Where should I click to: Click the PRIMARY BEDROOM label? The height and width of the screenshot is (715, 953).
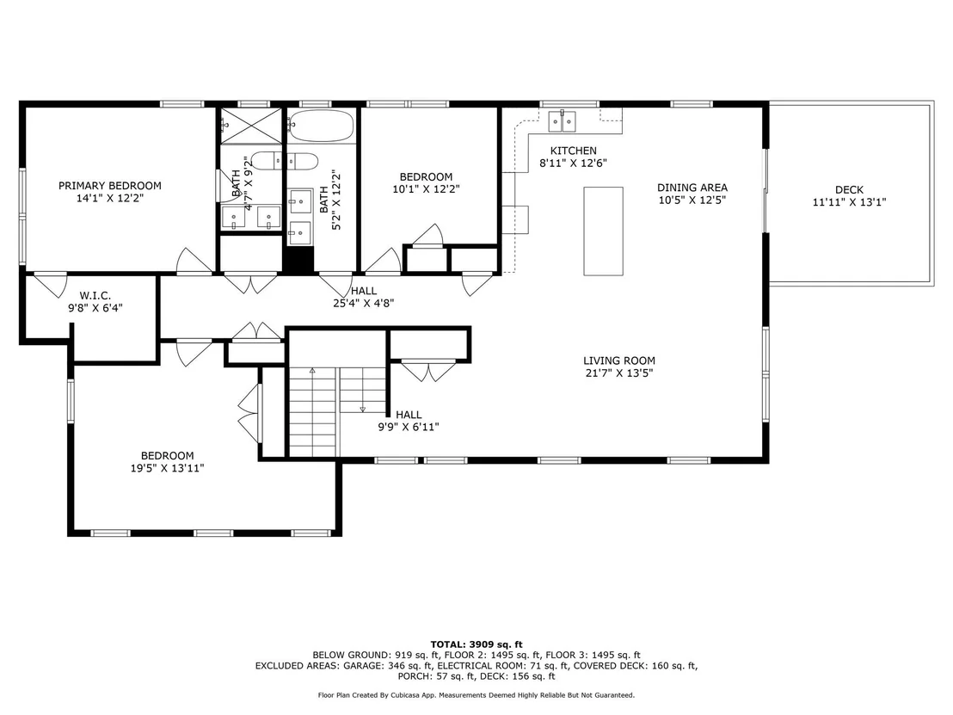pos(110,186)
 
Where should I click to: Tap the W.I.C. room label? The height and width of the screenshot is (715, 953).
pos(95,295)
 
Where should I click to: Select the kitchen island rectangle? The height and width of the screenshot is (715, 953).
pos(603,231)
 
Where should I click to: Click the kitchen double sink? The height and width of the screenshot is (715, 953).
pos(562,121)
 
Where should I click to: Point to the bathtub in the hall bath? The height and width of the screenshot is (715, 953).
pos(321,126)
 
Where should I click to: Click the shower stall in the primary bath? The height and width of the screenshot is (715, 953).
pos(250,126)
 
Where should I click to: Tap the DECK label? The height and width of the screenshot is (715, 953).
pos(849,189)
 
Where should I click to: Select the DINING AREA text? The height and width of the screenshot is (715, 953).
pos(692,188)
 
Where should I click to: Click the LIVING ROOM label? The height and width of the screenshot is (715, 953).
pos(619,361)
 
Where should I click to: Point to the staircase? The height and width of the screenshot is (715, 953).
pos(337,411)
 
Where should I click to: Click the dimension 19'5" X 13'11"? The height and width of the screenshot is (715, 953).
pos(167,468)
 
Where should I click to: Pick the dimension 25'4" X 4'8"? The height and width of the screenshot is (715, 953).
pos(364,303)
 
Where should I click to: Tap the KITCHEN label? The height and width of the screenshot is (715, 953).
pos(573,151)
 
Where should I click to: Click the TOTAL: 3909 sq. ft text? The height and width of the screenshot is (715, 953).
pos(476,644)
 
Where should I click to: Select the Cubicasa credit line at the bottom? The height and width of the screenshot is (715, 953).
pos(476,695)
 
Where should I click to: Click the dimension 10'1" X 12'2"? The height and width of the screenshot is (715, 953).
pos(426,189)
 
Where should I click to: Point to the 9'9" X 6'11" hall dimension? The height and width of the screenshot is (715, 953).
pos(409,427)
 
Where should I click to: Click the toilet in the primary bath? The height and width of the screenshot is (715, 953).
pos(266,161)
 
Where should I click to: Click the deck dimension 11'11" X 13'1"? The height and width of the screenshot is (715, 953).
pos(849,202)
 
